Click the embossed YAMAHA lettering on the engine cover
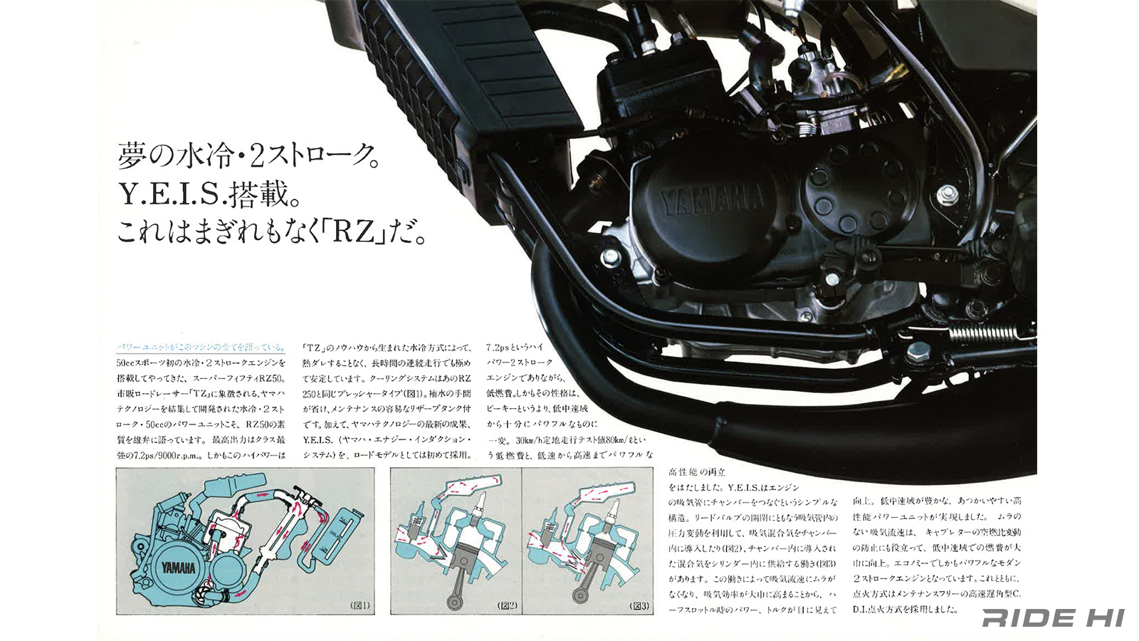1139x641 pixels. (712, 202)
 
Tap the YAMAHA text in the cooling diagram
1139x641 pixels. (178, 568)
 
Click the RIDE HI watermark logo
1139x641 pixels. (1052, 617)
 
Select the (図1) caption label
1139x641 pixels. (359, 606)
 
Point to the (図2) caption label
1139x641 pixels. (507, 606)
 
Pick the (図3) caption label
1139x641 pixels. (639, 606)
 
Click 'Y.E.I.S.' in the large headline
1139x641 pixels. (172, 194)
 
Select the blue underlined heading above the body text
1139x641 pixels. (201, 348)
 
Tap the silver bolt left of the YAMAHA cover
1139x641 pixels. (609, 256)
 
